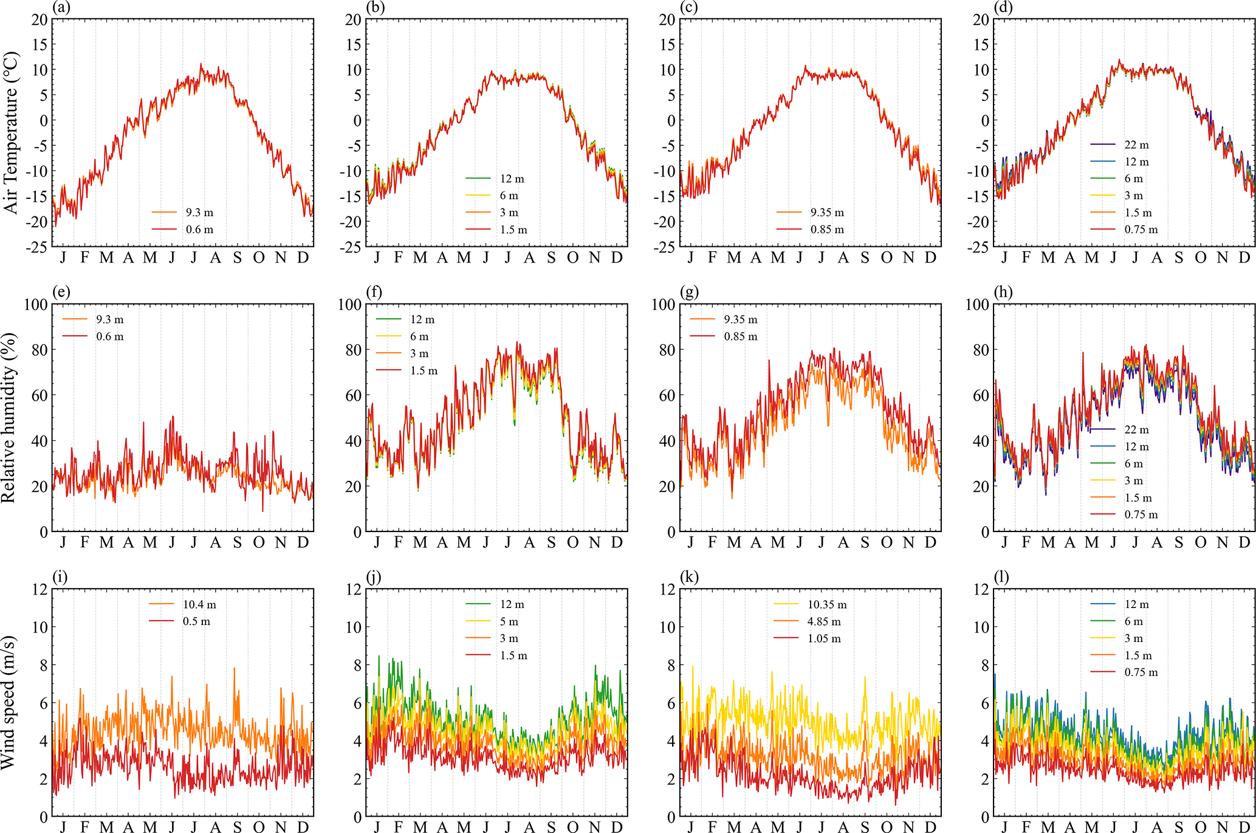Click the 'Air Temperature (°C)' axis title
point(12,133)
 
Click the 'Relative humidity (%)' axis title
point(9,418)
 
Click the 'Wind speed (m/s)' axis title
point(9,702)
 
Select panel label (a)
point(60,7)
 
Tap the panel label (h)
point(1003,292)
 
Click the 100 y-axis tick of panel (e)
point(36,304)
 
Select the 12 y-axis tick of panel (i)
point(40,589)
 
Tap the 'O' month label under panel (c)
point(887,258)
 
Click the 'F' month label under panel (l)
point(1026,828)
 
